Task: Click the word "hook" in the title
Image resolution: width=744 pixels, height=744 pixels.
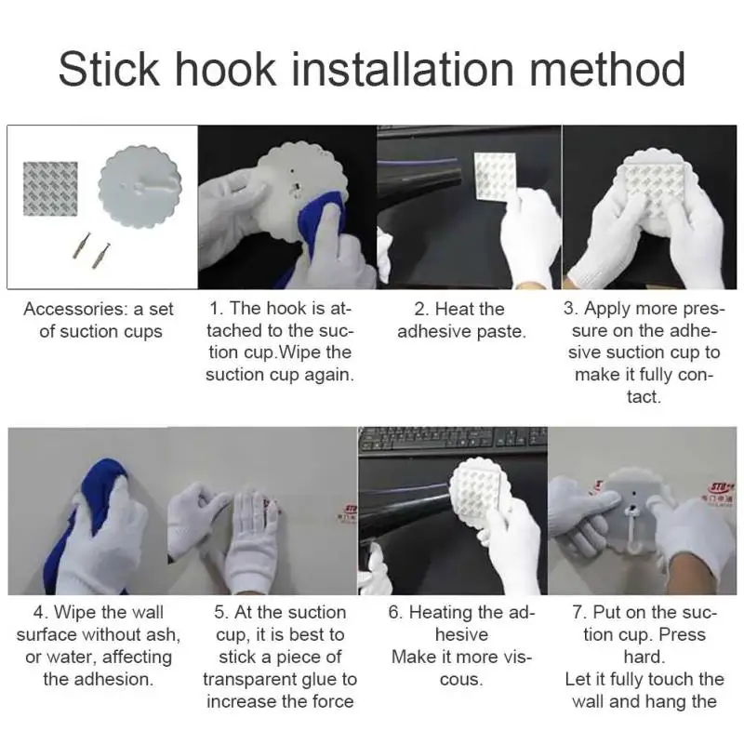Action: (x=225, y=69)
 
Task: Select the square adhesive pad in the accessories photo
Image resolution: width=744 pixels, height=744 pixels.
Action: (x=50, y=189)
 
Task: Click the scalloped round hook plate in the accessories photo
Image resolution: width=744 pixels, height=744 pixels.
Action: (x=140, y=187)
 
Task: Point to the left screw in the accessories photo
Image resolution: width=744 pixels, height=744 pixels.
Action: (x=81, y=246)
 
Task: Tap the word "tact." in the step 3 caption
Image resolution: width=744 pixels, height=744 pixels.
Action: (x=644, y=397)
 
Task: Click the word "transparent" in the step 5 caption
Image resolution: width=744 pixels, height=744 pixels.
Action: (x=248, y=680)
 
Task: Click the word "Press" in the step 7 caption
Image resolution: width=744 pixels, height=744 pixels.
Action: (x=683, y=635)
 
